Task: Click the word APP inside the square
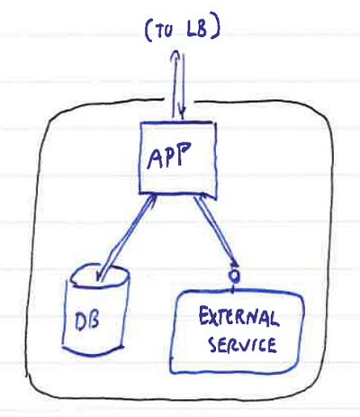click(169, 155)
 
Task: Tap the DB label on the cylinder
click(86, 321)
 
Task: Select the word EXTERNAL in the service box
click(238, 317)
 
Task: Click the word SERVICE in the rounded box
click(242, 344)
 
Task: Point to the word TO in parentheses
click(164, 31)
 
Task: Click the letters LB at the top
click(197, 30)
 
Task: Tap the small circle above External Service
click(235, 276)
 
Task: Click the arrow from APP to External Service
click(215, 231)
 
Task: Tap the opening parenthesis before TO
click(148, 31)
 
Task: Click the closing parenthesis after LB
click(216, 29)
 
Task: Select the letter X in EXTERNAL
click(214, 317)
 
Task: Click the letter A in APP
click(155, 158)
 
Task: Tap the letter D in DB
click(80, 322)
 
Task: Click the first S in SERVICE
click(212, 345)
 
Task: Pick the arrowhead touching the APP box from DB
click(152, 198)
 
